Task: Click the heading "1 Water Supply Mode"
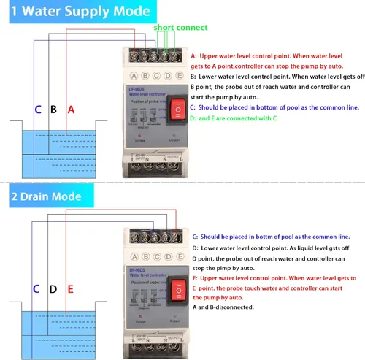(x=77, y=12)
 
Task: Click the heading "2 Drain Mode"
(x=55, y=196)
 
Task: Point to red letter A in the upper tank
(x=71, y=110)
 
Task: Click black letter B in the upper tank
(x=53, y=110)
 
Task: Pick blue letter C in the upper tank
(x=38, y=110)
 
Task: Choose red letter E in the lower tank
(x=71, y=289)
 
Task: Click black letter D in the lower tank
(x=53, y=289)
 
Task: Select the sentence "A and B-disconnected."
(x=223, y=307)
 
